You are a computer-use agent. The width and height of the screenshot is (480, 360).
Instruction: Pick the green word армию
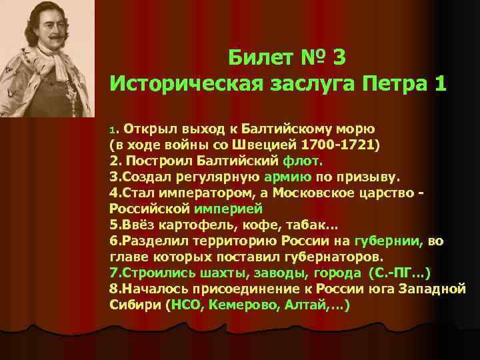tap(288, 177)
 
